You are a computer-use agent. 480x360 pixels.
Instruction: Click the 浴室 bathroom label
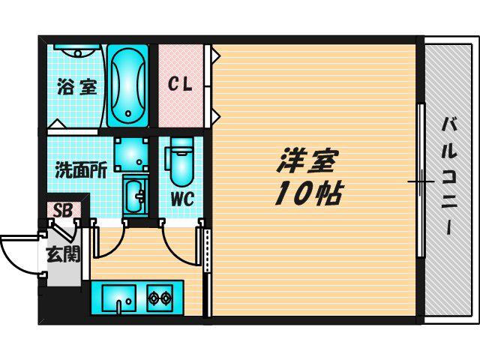pos(77,87)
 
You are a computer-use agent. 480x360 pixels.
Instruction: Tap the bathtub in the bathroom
pos(128,85)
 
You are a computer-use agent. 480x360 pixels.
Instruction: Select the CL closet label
pos(180,83)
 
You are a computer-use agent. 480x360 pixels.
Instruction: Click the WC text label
pos(182,199)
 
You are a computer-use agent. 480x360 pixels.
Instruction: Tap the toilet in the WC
pos(181,162)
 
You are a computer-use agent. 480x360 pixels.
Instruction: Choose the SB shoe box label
pos(63,210)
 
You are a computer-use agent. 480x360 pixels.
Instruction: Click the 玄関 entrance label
pos(63,254)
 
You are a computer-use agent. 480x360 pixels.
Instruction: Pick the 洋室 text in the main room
pos(307,160)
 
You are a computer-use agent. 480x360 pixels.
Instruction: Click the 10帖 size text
pos(307,193)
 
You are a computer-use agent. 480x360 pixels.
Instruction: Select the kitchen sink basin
pos(119,298)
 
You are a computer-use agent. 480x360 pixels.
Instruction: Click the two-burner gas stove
pos(160,298)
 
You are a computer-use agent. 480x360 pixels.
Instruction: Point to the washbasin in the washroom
pos(135,196)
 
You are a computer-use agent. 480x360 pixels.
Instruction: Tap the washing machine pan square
pos(131,154)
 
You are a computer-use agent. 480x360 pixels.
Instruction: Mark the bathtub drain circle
pos(128,113)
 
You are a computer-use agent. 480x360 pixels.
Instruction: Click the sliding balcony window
pos(421,181)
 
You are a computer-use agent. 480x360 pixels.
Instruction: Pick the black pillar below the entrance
pos(60,304)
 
